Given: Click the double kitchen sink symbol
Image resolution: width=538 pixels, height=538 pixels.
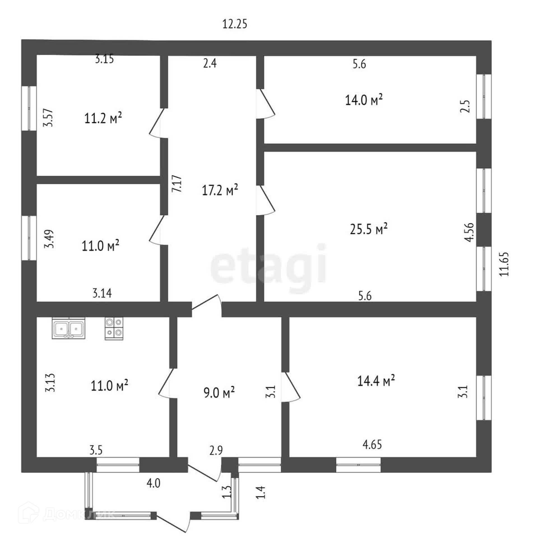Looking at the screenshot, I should tap(69, 328).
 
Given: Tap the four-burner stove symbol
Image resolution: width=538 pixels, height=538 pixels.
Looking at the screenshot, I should tap(114, 328).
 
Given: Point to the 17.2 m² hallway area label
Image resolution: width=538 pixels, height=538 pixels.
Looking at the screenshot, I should tap(220, 190).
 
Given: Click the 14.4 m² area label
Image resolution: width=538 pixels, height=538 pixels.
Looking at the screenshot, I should tap(376, 381).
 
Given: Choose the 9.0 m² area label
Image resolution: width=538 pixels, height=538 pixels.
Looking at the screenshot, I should tap(219, 392).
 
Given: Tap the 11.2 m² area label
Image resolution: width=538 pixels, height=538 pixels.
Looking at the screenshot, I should tap(103, 118).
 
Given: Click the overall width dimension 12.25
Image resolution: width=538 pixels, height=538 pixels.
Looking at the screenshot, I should tap(235, 24).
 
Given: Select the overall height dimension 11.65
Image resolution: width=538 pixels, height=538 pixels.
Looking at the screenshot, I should tap(504, 264).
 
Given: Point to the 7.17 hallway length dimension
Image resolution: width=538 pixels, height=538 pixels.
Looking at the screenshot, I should tap(177, 184).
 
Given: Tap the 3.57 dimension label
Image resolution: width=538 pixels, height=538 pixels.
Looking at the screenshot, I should tap(48, 118).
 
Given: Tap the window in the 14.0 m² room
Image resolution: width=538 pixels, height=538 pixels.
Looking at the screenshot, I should tap(484, 96).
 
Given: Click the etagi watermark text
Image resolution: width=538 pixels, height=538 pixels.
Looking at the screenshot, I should tap(268, 265).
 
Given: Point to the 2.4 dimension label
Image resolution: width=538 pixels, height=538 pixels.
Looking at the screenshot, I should tap(210, 63).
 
